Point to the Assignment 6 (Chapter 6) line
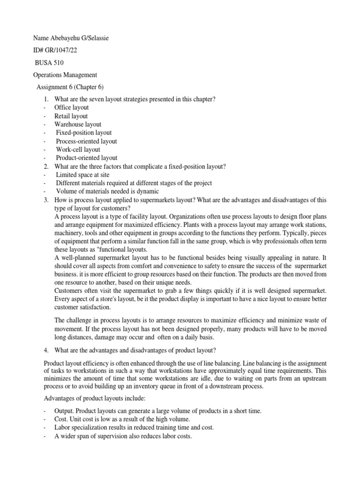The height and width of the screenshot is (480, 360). [x=70, y=87]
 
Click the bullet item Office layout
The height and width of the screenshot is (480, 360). [x=71, y=107]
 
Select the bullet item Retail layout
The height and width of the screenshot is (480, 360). [x=71, y=116]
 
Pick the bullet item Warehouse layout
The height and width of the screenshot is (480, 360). [x=78, y=124]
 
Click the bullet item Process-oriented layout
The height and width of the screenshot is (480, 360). [x=86, y=141]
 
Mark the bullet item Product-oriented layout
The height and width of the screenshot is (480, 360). [x=86, y=158]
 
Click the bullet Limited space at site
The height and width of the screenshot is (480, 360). [x=82, y=175]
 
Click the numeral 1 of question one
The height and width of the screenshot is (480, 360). [x=46, y=99]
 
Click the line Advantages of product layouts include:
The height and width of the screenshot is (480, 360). [x=95, y=398]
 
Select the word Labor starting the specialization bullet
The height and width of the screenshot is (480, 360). [x=63, y=427]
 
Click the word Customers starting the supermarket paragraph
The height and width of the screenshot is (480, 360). [x=70, y=291]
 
